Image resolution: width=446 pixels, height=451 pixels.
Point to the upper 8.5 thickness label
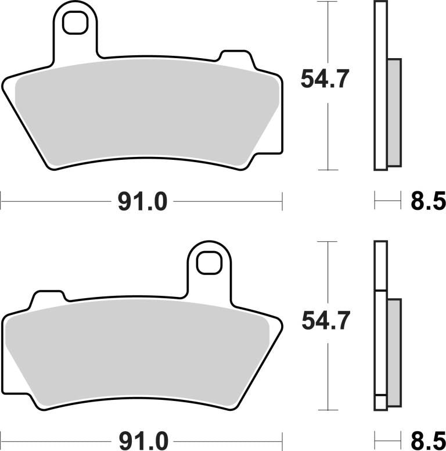click(x=427, y=202)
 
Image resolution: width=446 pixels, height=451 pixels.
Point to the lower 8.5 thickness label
click(x=427, y=438)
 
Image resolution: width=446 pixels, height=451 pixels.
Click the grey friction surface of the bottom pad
click(x=139, y=355)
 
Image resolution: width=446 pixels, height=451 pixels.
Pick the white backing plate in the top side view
click(x=380, y=87)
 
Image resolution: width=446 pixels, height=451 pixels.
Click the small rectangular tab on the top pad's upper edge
click(x=234, y=58)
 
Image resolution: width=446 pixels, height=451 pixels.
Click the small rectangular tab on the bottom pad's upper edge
click(x=48, y=299)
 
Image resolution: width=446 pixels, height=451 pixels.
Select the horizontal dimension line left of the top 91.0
click(x=55, y=202)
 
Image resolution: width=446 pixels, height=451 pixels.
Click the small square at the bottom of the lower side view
click(x=380, y=402)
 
